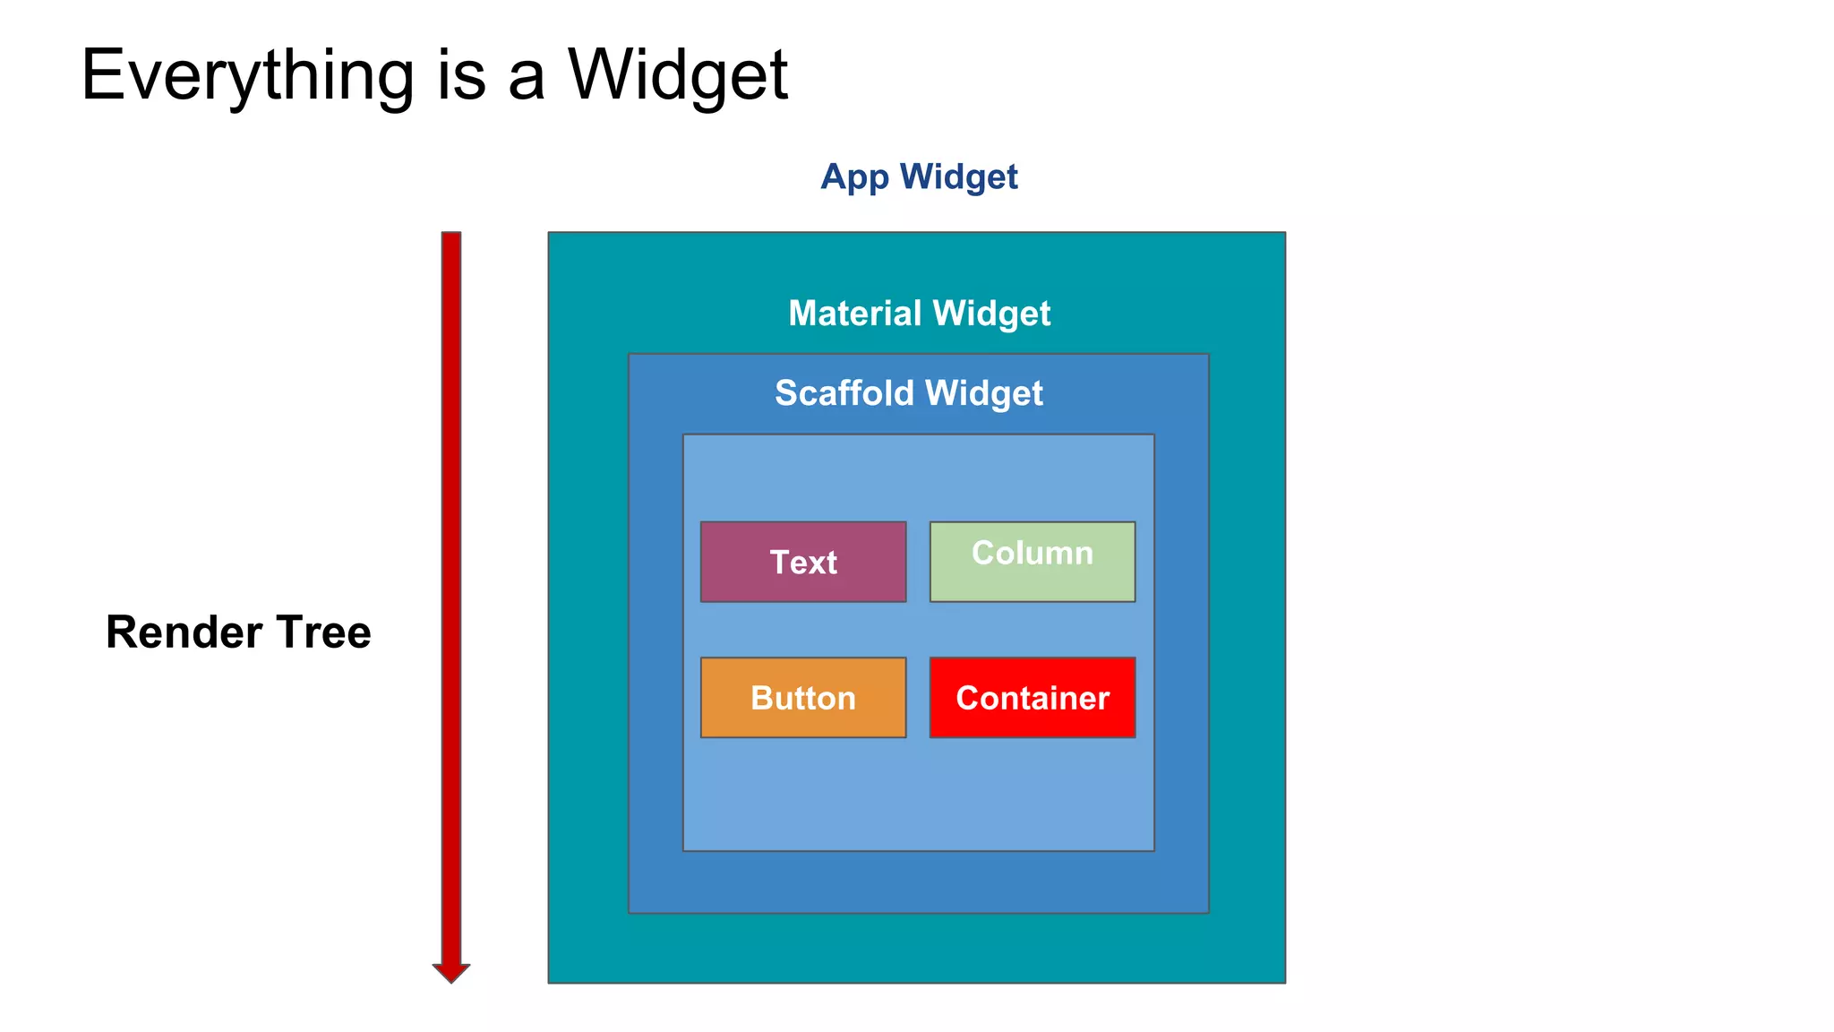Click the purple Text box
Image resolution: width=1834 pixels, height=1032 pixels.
click(802, 562)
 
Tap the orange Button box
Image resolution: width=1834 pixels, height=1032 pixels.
click(802, 698)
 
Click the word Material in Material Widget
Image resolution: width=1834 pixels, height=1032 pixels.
click(854, 314)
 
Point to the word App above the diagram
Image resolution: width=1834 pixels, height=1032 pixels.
click(853, 177)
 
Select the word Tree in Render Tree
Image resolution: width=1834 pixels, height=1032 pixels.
click(323, 632)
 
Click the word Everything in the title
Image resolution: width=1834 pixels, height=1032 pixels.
click(247, 76)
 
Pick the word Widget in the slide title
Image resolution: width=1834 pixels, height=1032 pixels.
click(678, 76)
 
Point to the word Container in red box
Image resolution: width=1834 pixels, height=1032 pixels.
click(1032, 698)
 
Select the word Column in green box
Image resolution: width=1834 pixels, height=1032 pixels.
click(1032, 553)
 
